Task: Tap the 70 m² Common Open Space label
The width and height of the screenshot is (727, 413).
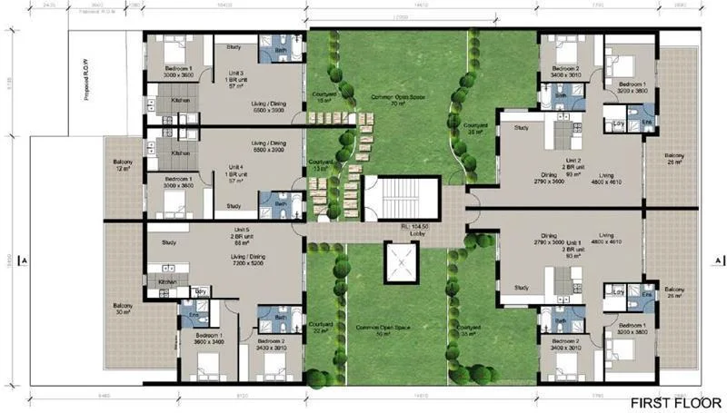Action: pyautogui.click(x=396, y=100)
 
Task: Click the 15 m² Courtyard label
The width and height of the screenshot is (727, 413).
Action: pyautogui.click(x=324, y=98)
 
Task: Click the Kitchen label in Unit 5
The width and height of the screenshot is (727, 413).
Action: pyautogui.click(x=168, y=282)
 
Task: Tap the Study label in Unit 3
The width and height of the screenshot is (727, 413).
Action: pyautogui.click(x=234, y=47)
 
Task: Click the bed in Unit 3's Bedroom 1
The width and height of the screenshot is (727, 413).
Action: pyautogui.click(x=174, y=49)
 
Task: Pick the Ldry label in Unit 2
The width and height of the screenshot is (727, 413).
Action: pyautogui.click(x=618, y=122)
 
